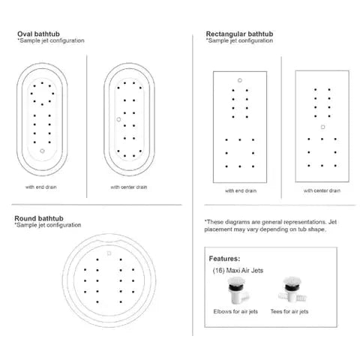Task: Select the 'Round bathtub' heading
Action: pos(39,218)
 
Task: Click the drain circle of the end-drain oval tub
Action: pos(43,151)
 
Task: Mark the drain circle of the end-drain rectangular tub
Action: pos(238,79)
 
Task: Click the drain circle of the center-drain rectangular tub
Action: pos(322,127)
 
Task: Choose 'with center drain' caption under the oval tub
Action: pos(128,187)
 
